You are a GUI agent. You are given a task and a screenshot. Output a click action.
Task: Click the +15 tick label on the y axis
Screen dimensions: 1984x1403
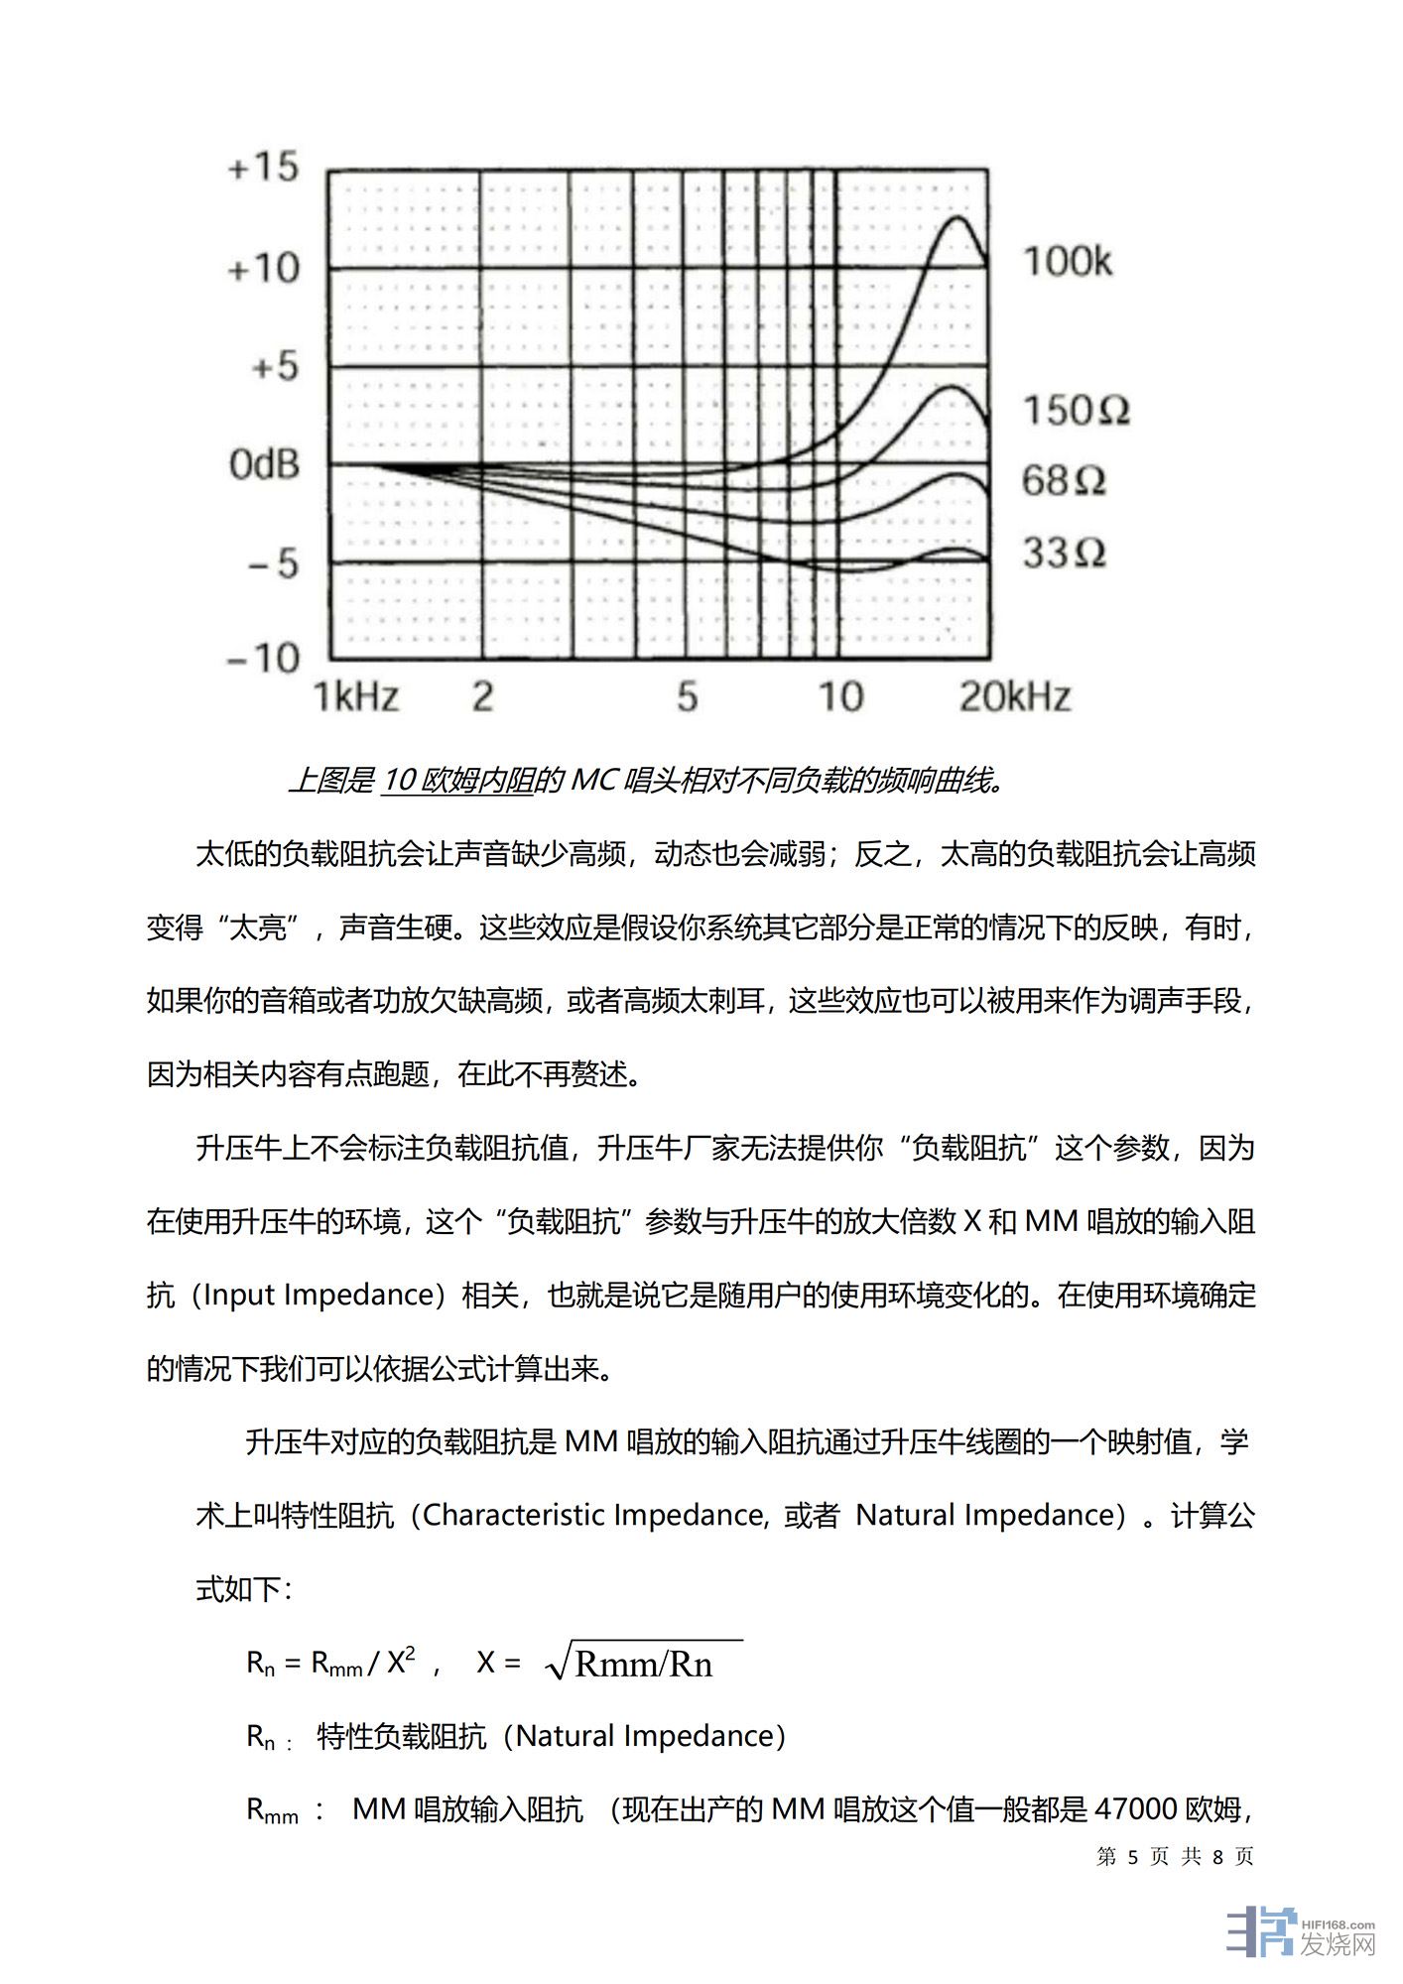pyautogui.click(x=263, y=167)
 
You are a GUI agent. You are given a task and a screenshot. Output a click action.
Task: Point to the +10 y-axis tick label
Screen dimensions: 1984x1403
pyautogui.click(x=263, y=268)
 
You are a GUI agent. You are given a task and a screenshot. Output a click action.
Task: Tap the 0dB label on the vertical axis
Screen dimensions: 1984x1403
pyautogui.click(x=264, y=464)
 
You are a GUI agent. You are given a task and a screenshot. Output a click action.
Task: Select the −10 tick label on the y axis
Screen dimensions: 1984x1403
pyautogui.click(x=263, y=658)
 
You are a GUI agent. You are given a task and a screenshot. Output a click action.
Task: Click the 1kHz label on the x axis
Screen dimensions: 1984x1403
pyautogui.click(x=356, y=696)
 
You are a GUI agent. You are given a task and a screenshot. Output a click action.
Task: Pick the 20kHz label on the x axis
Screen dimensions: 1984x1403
pyautogui.click(x=1015, y=696)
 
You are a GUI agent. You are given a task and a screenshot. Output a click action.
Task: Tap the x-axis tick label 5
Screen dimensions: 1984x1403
pyautogui.click(x=688, y=696)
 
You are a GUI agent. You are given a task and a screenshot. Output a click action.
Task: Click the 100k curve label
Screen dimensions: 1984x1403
pyautogui.click(x=1068, y=262)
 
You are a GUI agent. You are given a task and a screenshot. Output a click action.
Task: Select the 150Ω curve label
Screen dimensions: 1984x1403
pyautogui.click(x=1076, y=410)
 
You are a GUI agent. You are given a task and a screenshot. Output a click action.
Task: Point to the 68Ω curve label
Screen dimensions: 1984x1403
pyautogui.click(x=1064, y=481)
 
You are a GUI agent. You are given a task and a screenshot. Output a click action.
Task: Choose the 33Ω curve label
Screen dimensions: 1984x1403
pyautogui.click(x=1064, y=553)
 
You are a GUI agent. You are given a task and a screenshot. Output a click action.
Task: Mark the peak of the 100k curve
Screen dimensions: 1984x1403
pyautogui.click(x=957, y=217)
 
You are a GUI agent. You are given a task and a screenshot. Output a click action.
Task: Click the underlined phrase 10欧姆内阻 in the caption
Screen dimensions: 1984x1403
pyautogui.click(x=457, y=782)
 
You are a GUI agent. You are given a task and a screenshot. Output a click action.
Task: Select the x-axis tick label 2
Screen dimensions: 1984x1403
pyautogui.click(x=482, y=696)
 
